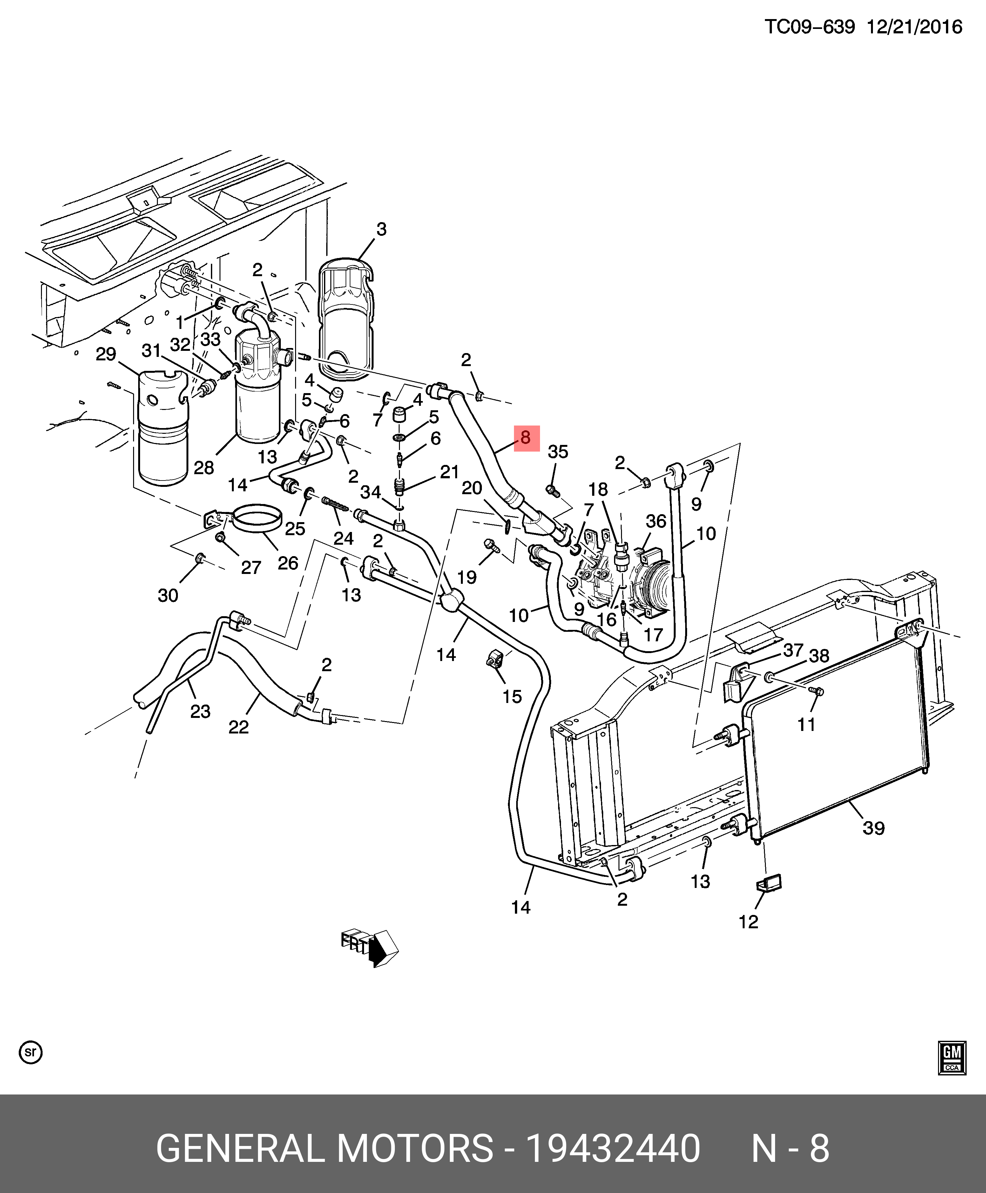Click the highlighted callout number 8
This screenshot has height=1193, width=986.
point(526,438)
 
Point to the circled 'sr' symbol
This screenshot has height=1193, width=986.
point(31,1052)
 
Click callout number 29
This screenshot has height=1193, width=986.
point(106,354)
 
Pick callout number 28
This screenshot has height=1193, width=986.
point(203,467)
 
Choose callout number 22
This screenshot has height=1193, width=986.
point(239,727)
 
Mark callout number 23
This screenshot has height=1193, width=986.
point(200,711)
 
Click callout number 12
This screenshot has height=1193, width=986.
point(748,922)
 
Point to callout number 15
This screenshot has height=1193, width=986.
point(512,697)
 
